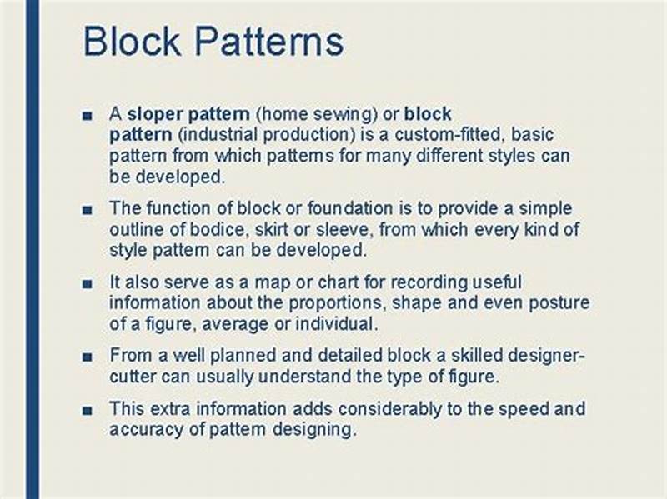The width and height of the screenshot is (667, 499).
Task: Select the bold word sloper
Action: (x=152, y=113)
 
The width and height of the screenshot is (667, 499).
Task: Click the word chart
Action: (x=314, y=282)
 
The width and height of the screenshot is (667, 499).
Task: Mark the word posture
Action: (x=560, y=302)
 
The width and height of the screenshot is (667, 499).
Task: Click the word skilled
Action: (x=459, y=356)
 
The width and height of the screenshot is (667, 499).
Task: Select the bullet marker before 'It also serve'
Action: (x=88, y=283)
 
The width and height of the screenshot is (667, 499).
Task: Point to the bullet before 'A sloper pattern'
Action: (x=88, y=115)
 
